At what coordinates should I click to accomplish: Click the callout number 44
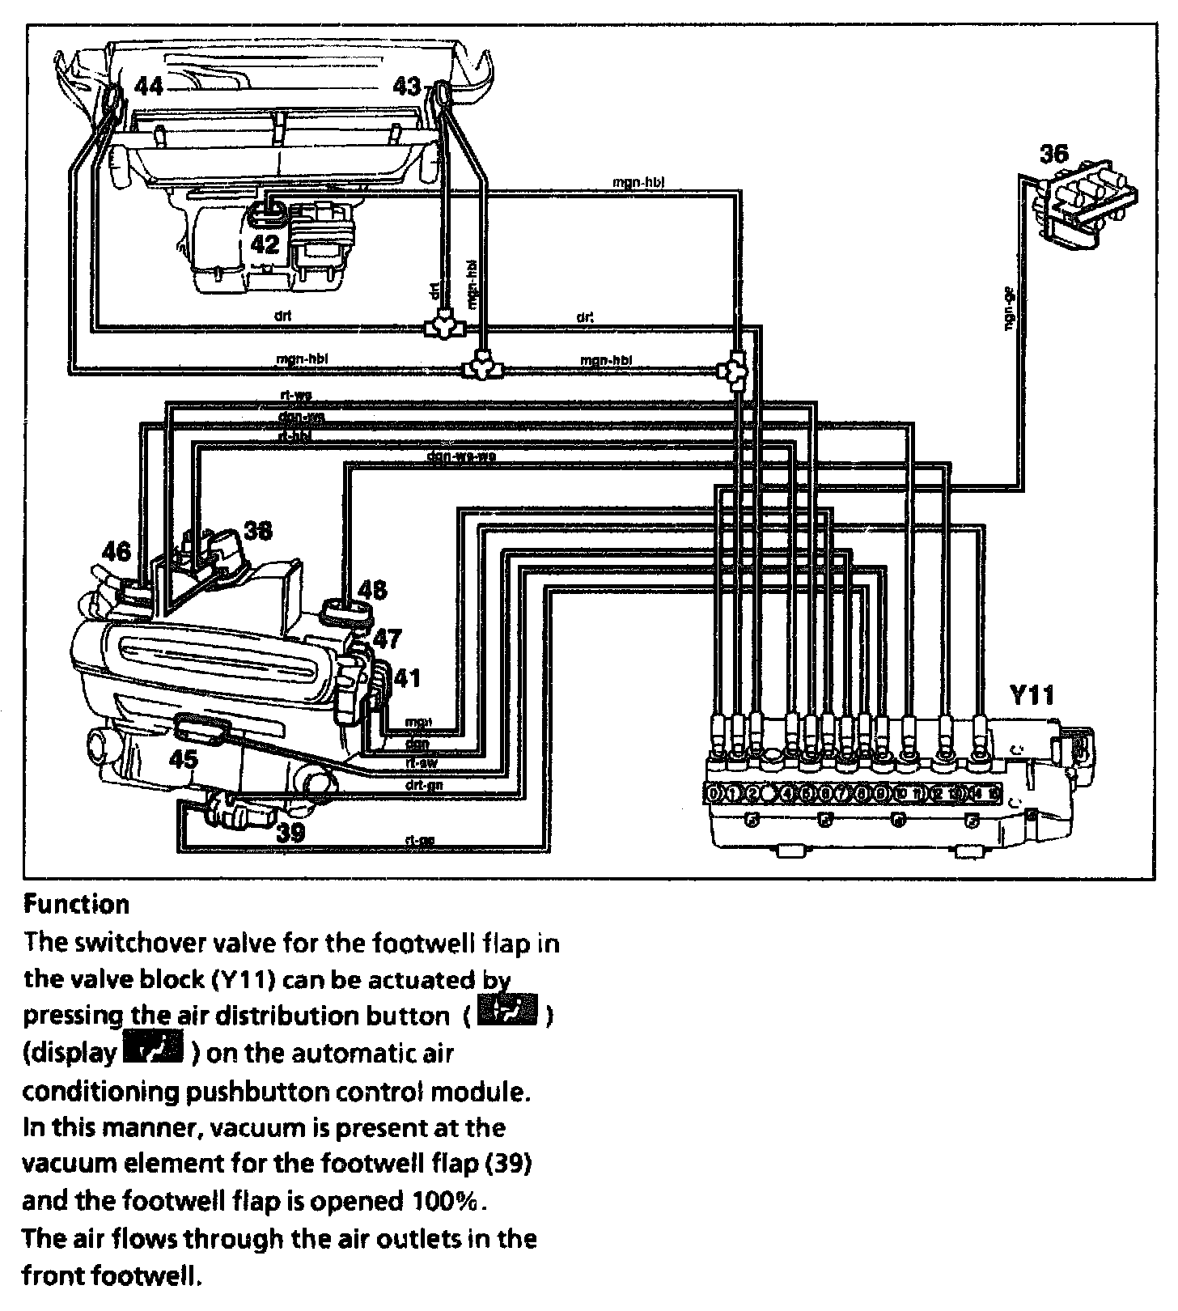pyautogui.click(x=148, y=86)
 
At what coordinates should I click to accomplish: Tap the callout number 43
pyautogui.click(x=407, y=85)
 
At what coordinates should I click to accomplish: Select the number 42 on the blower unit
pyautogui.click(x=265, y=244)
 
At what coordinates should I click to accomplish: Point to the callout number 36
pyautogui.click(x=1053, y=153)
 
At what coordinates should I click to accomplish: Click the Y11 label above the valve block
pyautogui.click(x=1032, y=696)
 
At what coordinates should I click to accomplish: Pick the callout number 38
pyautogui.click(x=257, y=531)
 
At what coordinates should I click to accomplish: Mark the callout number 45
pyautogui.click(x=184, y=758)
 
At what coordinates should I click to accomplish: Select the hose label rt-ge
pyautogui.click(x=419, y=840)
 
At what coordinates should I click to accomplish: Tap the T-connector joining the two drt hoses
pyautogui.click(x=443, y=327)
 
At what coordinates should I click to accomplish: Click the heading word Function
pyautogui.click(x=76, y=904)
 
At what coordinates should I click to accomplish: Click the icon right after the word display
pyautogui.click(x=154, y=1050)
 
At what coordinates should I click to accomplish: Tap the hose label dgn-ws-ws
pyautogui.click(x=460, y=456)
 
